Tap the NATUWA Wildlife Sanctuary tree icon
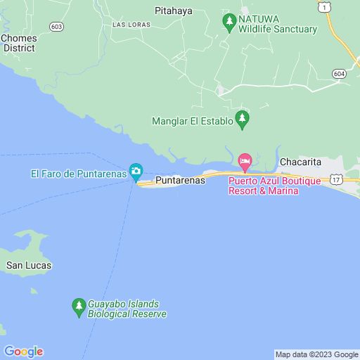[229, 22]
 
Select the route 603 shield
[57, 25]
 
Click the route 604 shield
[339, 73]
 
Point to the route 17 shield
[336, 180]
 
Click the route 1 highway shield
[323, 6]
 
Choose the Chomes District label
[19, 43]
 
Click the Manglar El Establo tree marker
[243, 119]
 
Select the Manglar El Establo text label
[192, 122]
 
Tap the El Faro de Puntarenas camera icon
[136, 171]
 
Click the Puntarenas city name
[179, 181]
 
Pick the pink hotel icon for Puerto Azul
[245, 162]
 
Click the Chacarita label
[300, 162]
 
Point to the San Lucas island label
[28, 266]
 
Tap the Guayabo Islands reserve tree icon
[78, 306]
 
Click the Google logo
[23, 352]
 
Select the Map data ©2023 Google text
[316, 354]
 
